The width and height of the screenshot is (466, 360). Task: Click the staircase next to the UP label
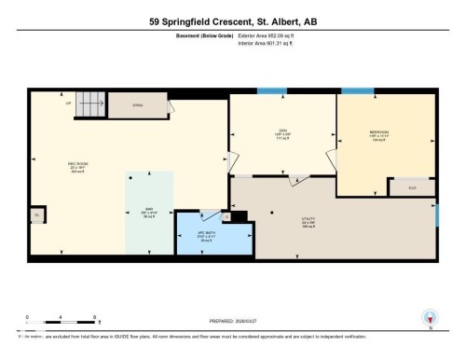pos(89,104)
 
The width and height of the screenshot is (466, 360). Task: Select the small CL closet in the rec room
pos(37,215)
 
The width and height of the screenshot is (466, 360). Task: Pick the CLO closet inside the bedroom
pos(415,187)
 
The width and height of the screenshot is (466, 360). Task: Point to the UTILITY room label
pos(308,221)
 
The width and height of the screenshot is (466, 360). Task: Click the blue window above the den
pos(270,90)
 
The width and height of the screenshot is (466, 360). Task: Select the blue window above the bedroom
pos(356,90)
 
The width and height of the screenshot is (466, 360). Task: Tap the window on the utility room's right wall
pos(436,214)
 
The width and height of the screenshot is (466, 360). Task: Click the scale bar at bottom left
pos(47,323)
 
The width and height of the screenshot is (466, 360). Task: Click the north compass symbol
pos(430,317)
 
